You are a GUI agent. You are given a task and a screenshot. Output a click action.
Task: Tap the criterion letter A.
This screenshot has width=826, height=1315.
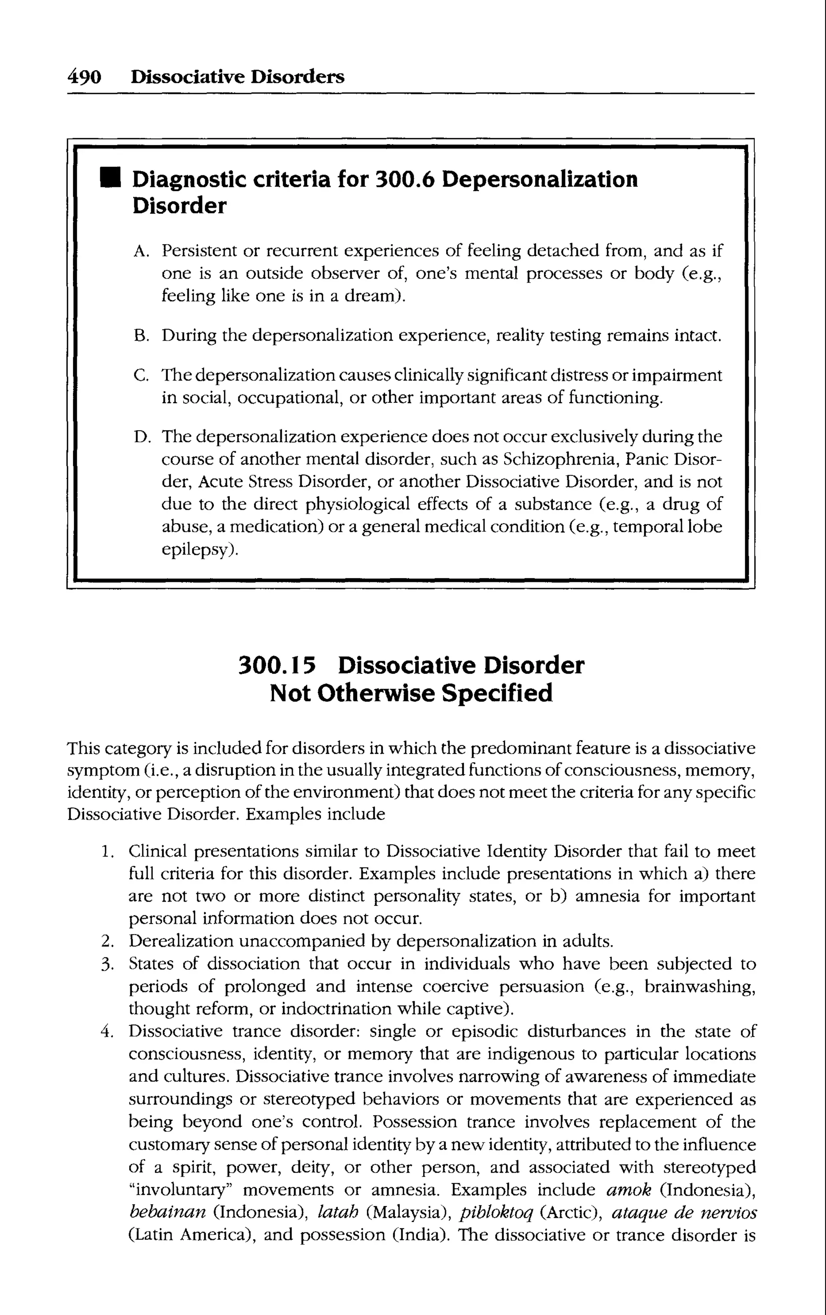pyautogui.click(x=140, y=251)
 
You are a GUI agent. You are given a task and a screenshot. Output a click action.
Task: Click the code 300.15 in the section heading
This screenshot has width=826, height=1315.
pyautogui.click(x=277, y=666)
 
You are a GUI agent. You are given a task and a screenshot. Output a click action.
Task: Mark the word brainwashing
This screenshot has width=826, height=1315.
pyautogui.click(x=699, y=986)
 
